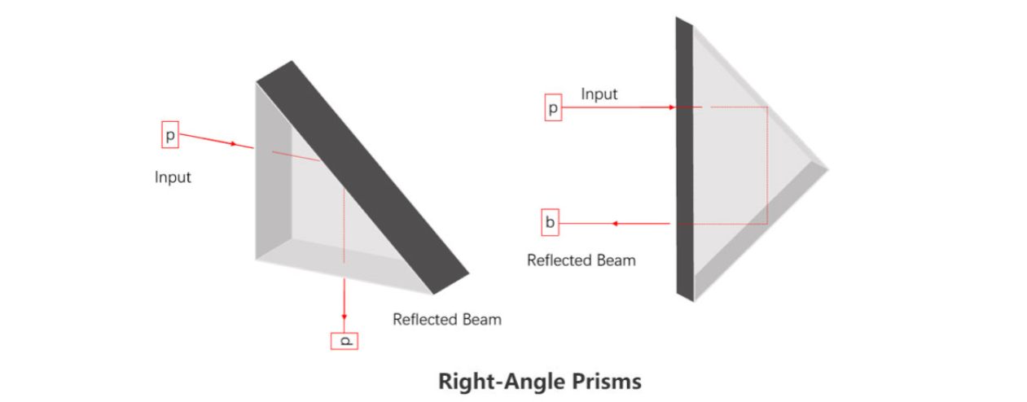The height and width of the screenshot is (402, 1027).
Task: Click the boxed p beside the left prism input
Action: pos(170,134)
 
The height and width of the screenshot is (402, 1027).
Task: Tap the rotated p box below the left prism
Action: pos(345,340)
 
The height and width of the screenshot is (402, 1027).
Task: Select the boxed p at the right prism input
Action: pos(553,108)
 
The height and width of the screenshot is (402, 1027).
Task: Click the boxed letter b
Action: pos(551,222)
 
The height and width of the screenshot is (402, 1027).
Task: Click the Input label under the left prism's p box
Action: pos(173,177)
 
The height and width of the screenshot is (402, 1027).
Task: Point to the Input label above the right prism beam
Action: pos(599,94)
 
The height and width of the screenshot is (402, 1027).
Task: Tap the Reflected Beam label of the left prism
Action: pos(447,319)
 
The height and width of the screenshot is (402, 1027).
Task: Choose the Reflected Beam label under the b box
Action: pos(581,260)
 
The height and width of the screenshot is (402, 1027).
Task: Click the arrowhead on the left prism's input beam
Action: pos(234,144)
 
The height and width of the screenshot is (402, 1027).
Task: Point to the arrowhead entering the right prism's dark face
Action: pos(670,107)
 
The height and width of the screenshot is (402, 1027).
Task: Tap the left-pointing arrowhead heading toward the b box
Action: pos(617,222)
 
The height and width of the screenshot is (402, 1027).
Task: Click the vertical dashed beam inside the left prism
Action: pos(345,220)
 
